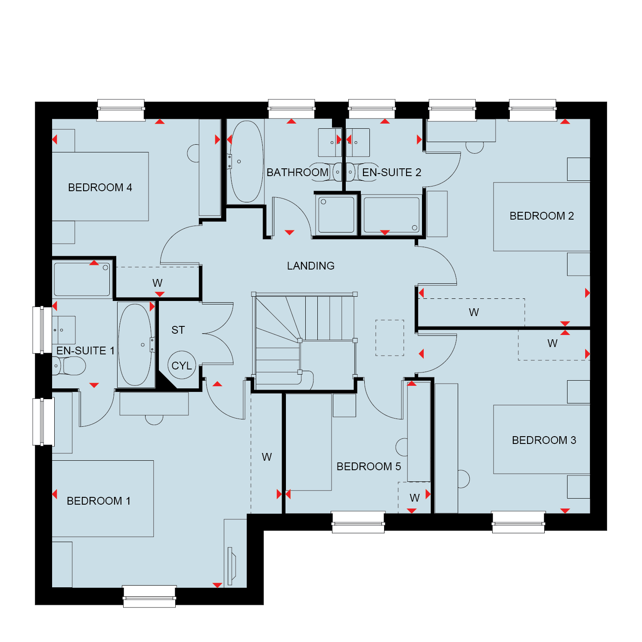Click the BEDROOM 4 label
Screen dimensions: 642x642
click(x=100, y=187)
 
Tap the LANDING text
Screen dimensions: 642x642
click(x=310, y=266)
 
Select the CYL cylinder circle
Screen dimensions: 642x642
click(x=182, y=365)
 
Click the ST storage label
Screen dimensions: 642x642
click(x=178, y=330)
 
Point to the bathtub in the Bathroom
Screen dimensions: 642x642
click(x=246, y=161)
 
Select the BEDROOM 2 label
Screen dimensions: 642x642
click(x=542, y=216)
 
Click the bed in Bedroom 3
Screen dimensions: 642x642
click(x=542, y=439)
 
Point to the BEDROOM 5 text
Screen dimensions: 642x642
click(x=369, y=466)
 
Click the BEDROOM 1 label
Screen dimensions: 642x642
click(x=99, y=501)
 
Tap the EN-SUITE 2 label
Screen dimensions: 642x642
click(x=391, y=172)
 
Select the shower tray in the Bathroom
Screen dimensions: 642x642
click(x=336, y=214)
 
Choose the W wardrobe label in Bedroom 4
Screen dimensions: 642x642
click(x=157, y=283)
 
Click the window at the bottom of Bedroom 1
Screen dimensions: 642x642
click(x=149, y=596)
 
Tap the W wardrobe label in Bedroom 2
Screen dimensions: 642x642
click(x=474, y=312)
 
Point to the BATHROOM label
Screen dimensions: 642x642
click(x=298, y=172)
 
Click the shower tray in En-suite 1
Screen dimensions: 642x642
click(x=82, y=279)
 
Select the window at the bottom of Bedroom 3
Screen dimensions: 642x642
click(x=518, y=522)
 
